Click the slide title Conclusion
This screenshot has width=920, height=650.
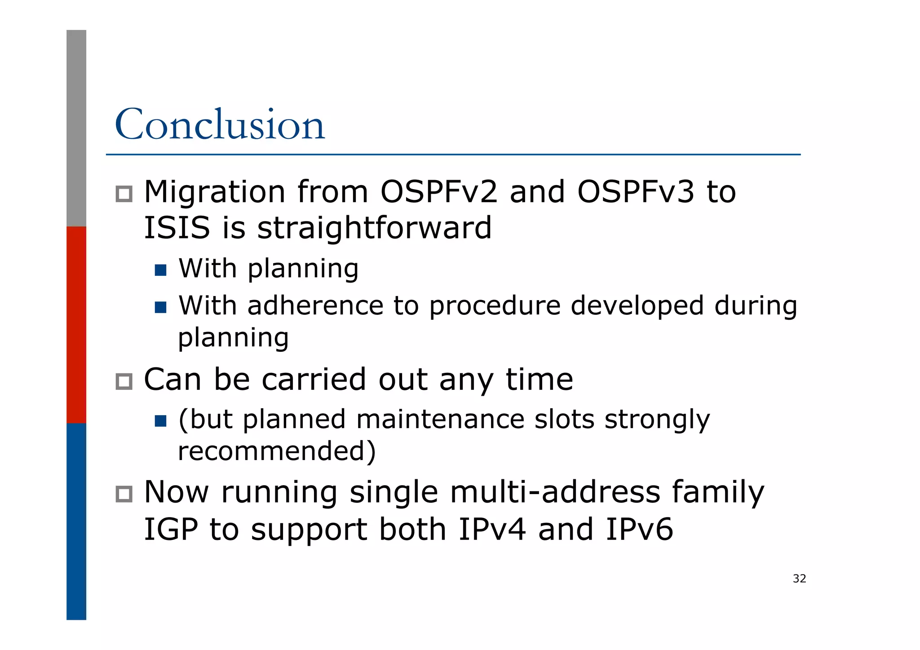pyautogui.click(x=219, y=124)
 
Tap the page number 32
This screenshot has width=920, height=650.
pyautogui.click(x=799, y=579)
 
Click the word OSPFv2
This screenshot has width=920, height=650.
pyautogui.click(x=439, y=192)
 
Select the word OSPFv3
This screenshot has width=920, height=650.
pyautogui.click(x=635, y=192)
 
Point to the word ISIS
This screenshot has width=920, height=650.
pyautogui.click(x=177, y=227)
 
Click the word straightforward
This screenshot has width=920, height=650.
pyautogui.click(x=374, y=227)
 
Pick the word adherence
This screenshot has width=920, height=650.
pyautogui.click(x=315, y=306)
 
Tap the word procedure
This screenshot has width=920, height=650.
pyautogui.click(x=495, y=307)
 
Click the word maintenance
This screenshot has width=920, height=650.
pyautogui.click(x=440, y=420)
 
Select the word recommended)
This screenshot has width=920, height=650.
pyautogui.click(x=277, y=451)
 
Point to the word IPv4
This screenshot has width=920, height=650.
pyautogui.click(x=492, y=529)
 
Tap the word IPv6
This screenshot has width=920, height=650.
pyautogui.click(x=639, y=529)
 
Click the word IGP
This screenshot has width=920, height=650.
pyautogui.click(x=171, y=529)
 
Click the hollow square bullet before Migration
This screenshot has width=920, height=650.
pyautogui.click(x=124, y=194)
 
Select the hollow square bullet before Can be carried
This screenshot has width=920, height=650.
pyautogui.click(x=124, y=382)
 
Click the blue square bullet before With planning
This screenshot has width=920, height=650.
pyautogui.click(x=160, y=270)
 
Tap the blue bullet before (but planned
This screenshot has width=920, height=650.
pyautogui.click(x=160, y=421)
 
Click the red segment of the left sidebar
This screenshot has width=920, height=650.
pyautogui.click(x=76, y=325)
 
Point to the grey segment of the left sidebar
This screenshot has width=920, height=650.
pyautogui.click(x=76, y=128)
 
